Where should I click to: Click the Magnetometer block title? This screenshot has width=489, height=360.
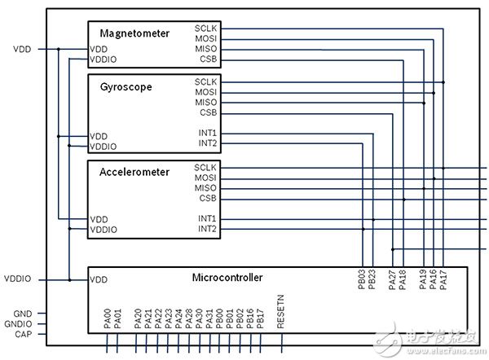(134, 33)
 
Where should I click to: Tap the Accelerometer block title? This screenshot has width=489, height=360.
(134, 172)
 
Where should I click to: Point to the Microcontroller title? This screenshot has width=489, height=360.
(227, 278)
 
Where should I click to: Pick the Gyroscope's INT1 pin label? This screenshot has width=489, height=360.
(207, 133)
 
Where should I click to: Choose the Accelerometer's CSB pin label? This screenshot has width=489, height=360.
(208, 198)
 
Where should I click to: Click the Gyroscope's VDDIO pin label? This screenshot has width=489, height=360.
(104, 147)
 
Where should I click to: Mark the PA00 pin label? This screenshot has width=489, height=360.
(108, 318)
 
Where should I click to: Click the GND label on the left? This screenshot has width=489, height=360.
(22, 314)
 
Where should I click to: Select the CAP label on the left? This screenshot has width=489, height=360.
(22, 335)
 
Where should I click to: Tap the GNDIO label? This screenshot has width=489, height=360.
(20, 324)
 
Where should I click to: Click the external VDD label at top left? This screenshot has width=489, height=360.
(22, 50)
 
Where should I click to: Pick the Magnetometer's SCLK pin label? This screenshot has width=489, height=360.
(205, 29)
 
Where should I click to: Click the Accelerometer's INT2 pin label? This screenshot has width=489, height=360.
(207, 229)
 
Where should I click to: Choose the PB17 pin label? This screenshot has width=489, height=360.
(260, 318)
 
